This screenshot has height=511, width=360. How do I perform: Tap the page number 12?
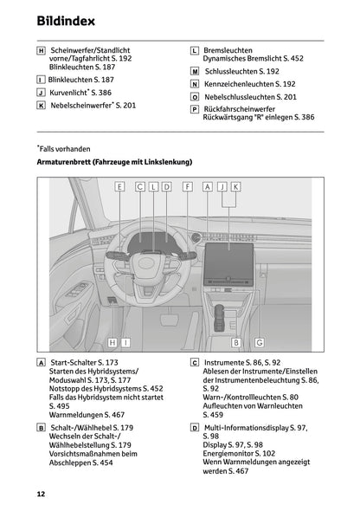pos(41,494)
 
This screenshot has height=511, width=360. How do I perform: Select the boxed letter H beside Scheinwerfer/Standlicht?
pos(41,52)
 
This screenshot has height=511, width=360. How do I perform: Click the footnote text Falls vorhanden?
pos(64,149)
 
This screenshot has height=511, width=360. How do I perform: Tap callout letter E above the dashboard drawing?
pos(119,186)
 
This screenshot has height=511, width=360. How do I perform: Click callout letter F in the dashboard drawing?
pos(188,186)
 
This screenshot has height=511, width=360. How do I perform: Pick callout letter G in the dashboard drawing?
pos(260,342)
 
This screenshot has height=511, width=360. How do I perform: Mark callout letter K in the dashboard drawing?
pos(235,186)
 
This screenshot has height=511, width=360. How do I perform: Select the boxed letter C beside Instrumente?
pos(195,362)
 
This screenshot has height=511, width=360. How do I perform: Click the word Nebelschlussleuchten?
pos(238,98)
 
